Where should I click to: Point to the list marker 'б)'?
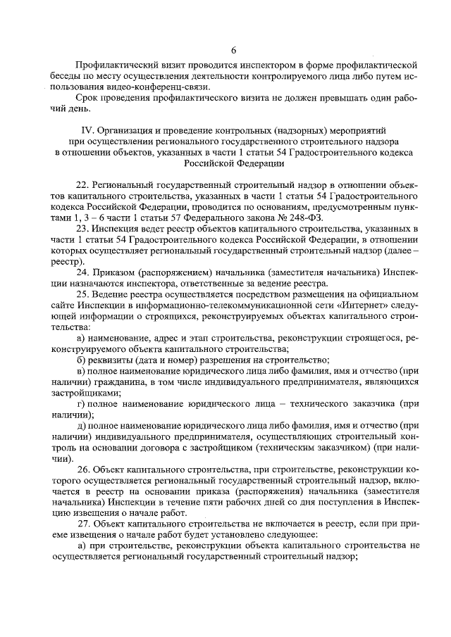tap(81, 358)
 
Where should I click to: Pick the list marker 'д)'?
tap(81, 427)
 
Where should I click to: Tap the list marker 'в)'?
tap(81, 370)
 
